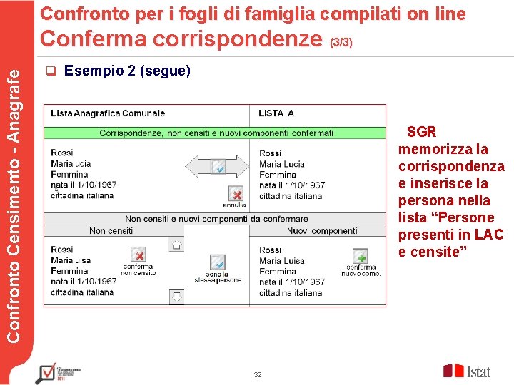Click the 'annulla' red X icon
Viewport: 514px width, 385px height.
[x=236, y=194]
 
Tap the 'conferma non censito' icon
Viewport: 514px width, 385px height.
[x=139, y=255]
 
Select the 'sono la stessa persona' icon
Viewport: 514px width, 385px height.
[x=218, y=262]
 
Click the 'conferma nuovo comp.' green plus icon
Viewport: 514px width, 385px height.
[x=361, y=256]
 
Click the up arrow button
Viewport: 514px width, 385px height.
[x=176, y=245]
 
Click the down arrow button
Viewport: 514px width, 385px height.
[x=176, y=296]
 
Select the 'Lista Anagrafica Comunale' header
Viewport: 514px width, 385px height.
[x=108, y=113]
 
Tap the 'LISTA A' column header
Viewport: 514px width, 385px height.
[x=276, y=113]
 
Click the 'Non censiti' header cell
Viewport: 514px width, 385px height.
[x=111, y=231]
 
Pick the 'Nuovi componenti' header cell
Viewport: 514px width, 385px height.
[x=322, y=231]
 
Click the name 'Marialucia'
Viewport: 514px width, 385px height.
[x=71, y=164]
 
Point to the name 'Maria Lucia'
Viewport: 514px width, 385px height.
[x=282, y=164]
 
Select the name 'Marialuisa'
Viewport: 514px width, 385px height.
[x=71, y=260]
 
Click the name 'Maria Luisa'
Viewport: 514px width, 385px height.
[x=282, y=261]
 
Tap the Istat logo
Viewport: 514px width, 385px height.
[x=467, y=371]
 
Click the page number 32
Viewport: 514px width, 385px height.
[x=258, y=375]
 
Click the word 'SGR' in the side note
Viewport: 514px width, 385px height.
[x=421, y=132]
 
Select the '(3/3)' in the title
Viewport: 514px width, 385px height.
[x=341, y=43]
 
